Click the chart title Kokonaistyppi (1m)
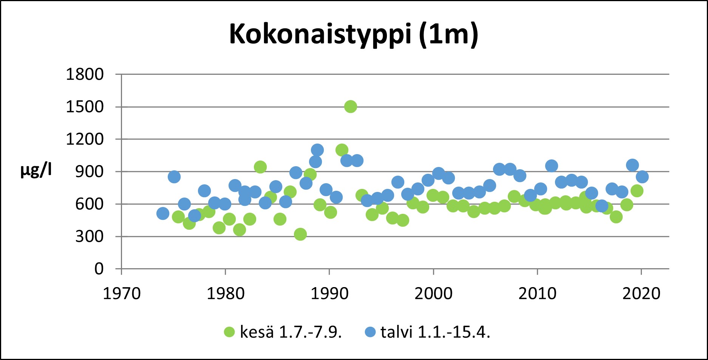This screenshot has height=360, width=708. click(354, 34)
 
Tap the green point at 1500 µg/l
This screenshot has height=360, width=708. click(351, 107)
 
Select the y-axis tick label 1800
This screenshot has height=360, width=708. click(85, 74)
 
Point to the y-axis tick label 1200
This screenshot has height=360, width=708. click(85, 139)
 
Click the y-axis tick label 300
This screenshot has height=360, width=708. click(89, 237)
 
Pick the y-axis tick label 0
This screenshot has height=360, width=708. click(99, 269)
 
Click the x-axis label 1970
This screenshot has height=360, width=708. click(122, 294)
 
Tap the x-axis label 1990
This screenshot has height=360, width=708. click(329, 294)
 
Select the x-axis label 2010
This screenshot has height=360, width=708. click(537, 294)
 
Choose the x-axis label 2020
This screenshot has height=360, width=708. click(641, 294)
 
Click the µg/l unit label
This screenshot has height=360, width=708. click(36, 171)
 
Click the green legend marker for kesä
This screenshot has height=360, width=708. click(229, 332)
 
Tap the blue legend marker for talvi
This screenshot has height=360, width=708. click(370, 332)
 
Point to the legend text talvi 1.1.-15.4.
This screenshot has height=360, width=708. click(435, 332)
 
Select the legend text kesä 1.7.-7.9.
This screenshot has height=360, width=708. click(291, 332)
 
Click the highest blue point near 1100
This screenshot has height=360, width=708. click(317, 150)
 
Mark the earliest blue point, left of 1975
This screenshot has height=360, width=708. click(162, 213)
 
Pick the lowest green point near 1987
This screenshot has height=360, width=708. click(300, 234)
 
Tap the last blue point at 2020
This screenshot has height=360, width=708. click(642, 176)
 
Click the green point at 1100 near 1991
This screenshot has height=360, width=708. click(342, 150)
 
